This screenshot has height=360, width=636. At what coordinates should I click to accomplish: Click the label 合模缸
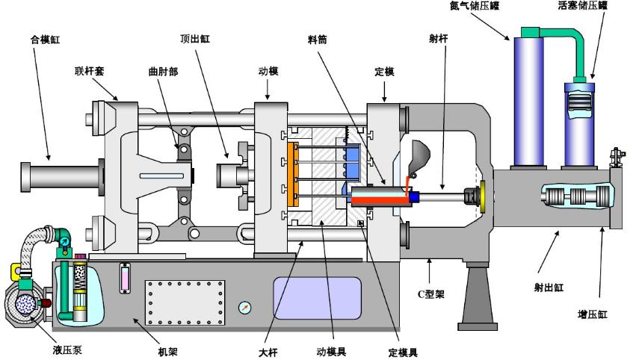pos(45,40)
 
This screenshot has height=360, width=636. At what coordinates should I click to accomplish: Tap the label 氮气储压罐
pos(474,6)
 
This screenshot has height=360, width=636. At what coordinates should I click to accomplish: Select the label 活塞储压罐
pos(582,5)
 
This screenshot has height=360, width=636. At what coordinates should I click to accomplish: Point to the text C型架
pos(430,294)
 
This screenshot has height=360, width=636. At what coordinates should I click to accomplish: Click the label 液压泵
pos(67,350)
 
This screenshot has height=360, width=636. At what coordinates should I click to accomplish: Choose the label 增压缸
pos(592,314)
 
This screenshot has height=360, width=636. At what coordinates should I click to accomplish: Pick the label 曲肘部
pos(163,72)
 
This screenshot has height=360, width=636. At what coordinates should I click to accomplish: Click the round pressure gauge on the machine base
pos(244,308)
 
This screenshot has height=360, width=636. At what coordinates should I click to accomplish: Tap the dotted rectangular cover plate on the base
pos(185,302)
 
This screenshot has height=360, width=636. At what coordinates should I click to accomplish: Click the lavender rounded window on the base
pos(317,298)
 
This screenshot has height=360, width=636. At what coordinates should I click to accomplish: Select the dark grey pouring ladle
pos(419,156)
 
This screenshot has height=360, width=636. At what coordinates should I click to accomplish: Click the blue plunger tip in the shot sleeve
pos(413,197)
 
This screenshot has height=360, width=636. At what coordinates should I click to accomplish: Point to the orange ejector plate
pos(290,173)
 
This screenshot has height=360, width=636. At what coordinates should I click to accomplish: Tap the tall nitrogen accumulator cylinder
pos(529,102)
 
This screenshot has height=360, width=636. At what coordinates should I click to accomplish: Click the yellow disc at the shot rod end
pos(483,196)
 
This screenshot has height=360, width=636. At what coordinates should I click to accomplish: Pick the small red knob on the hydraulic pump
pos(46,302)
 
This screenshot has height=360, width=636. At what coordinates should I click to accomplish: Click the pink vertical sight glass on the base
pos(125,278)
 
